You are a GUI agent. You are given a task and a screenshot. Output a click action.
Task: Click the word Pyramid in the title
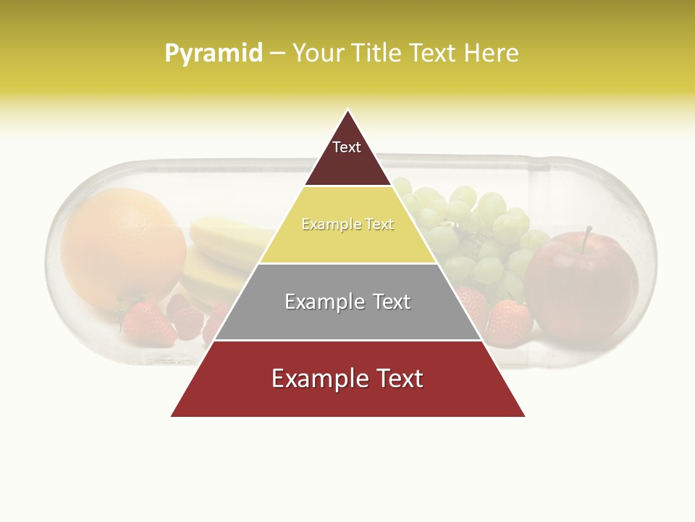(213, 54)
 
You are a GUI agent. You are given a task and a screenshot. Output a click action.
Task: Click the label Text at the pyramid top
(347, 147)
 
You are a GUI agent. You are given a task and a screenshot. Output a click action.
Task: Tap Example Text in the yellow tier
(347, 224)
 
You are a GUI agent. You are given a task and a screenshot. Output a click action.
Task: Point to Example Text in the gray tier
(347, 302)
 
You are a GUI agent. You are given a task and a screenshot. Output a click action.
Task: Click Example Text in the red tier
(347, 378)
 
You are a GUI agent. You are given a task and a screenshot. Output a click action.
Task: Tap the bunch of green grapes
(478, 232)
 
